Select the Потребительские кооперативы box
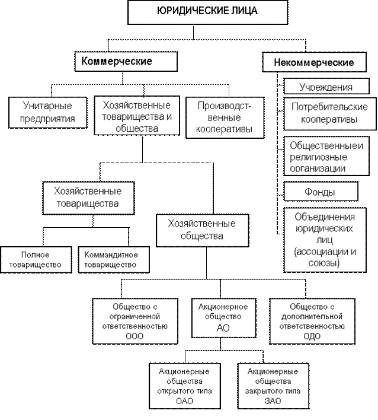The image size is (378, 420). coord(329,113)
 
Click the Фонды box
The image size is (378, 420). coord(321,192)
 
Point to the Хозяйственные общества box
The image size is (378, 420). coord(201,230)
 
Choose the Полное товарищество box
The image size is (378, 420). coord(35,259)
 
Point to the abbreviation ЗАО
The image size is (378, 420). coord(272,401)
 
